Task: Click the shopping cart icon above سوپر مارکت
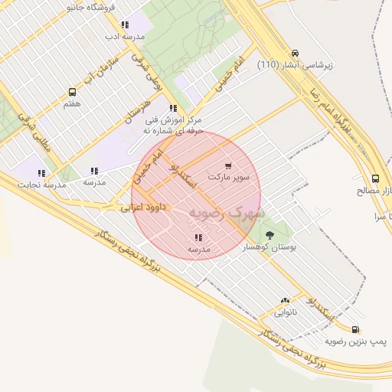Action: (228, 165)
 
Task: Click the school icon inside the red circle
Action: (199, 237)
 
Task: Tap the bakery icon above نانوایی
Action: (286, 301)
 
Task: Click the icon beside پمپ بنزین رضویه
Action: (356, 330)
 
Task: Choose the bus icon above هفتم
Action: (73, 92)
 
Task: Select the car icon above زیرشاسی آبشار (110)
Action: (296, 54)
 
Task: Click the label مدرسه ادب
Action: (125, 36)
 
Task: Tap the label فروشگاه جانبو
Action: (92, 7)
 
